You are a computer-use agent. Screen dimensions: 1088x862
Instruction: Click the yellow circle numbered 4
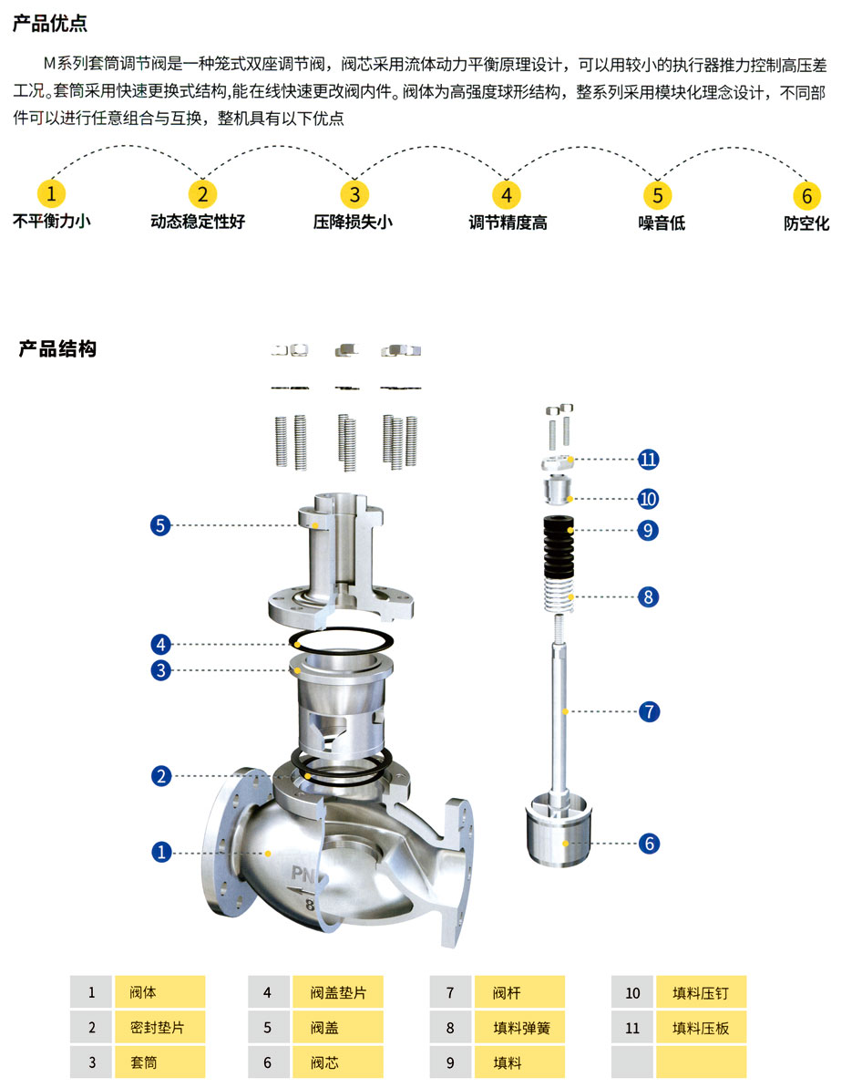[506, 194]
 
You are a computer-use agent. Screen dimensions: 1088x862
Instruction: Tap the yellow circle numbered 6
[806, 195]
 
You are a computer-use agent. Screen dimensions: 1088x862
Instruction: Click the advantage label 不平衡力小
[52, 221]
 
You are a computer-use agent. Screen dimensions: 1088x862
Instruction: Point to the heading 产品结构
[57, 348]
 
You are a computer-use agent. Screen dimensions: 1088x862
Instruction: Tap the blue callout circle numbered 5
[161, 525]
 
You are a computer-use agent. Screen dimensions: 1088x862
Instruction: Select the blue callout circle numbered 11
[648, 459]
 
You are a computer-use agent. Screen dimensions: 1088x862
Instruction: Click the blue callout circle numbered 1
[161, 852]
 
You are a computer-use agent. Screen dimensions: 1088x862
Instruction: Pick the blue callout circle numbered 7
[648, 711]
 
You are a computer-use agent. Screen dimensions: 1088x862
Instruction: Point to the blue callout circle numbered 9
[648, 530]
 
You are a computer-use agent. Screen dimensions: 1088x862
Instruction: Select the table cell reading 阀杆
[519, 992]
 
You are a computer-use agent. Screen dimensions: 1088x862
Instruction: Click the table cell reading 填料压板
[701, 1028]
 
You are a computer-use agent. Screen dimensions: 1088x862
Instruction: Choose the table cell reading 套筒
[159, 1062]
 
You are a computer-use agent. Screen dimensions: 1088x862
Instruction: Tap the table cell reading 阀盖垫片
[337, 992]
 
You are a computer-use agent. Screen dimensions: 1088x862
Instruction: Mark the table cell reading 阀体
[159, 992]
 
